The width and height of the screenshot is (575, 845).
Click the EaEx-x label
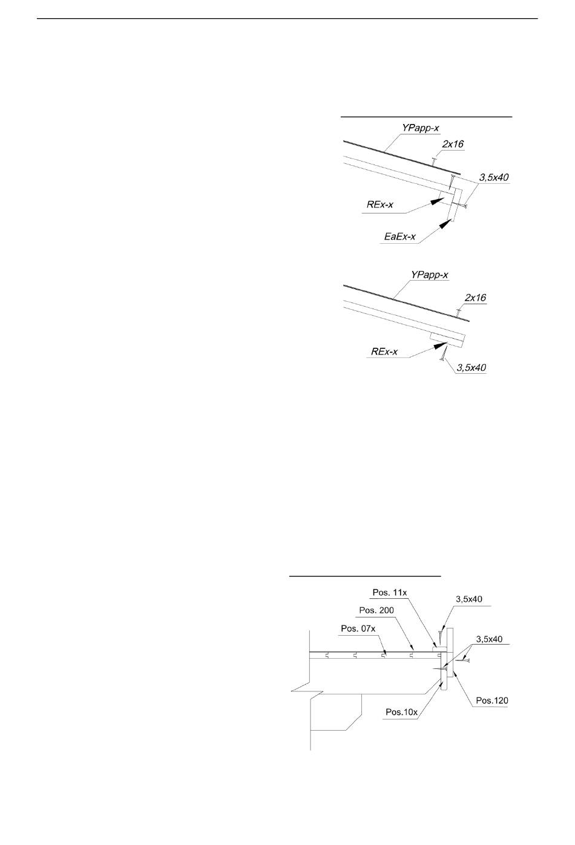tap(400, 237)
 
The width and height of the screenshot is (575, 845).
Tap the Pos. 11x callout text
tap(390, 593)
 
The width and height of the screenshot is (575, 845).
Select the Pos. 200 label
tap(376, 610)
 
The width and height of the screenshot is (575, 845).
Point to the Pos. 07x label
tap(358, 628)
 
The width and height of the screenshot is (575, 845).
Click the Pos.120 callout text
tap(492, 700)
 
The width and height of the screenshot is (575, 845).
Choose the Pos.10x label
tap(402, 712)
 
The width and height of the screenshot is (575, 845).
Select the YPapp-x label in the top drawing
tap(421, 128)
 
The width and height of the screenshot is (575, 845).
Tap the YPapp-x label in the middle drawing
tap(430, 275)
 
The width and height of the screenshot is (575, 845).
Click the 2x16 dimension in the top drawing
tap(453, 144)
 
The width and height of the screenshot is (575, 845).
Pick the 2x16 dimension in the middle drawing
tap(476, 298)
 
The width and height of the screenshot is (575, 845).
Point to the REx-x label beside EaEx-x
tap(380, 205)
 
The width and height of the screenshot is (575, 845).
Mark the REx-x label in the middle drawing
tap(384, 351)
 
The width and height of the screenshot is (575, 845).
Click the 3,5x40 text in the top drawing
tap(494, 177)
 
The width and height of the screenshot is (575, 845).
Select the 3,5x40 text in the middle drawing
tap(471, 367)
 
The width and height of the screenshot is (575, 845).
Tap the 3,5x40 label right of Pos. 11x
tap(469, 599)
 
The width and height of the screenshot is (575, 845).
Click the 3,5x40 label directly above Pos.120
tap(489, 639)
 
